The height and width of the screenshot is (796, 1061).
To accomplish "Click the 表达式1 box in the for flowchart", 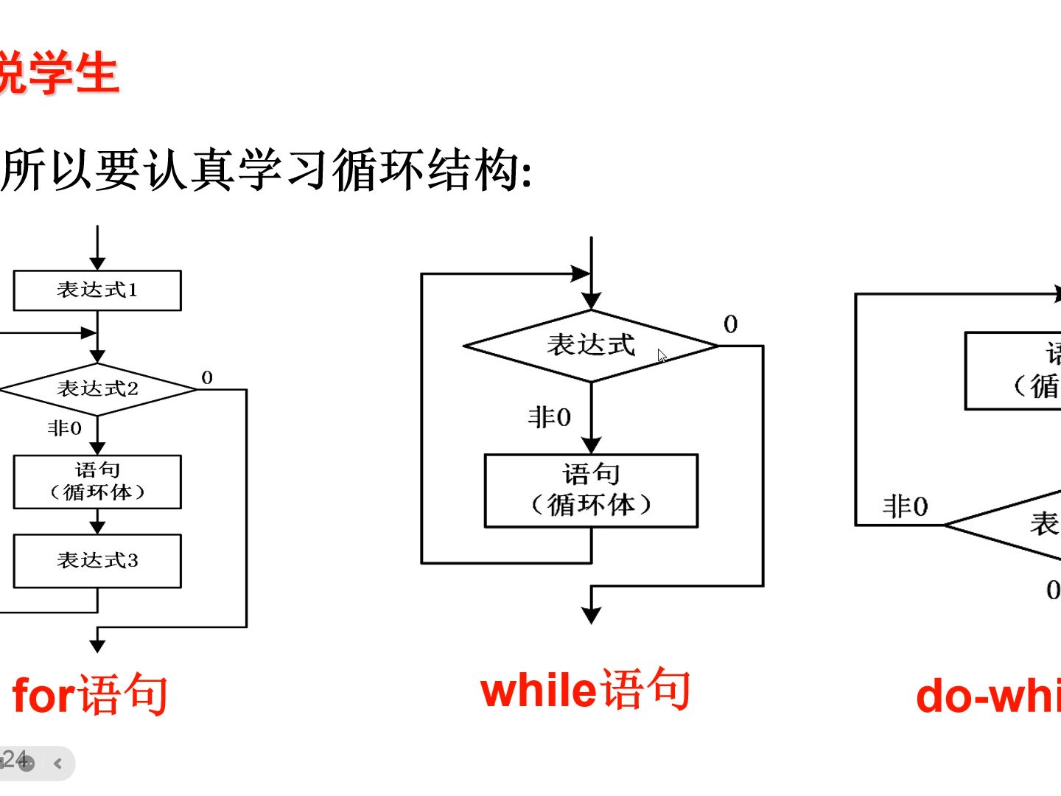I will click(97, 290).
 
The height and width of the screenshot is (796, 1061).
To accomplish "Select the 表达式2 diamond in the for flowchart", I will click(97, 388).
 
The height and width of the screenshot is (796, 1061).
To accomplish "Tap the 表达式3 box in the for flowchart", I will click(97, 561).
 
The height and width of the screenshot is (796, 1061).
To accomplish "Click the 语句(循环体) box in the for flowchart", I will click(97, 482).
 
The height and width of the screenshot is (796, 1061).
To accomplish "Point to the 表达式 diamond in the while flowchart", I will click(590, 345).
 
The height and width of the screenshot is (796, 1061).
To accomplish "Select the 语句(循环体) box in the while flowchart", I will click(591, 490).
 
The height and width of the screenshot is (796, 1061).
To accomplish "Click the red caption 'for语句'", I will click(90, 694).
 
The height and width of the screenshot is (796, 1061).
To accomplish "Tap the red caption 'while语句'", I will click(585, 690).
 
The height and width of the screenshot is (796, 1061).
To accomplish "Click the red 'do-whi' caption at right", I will click(987, 696).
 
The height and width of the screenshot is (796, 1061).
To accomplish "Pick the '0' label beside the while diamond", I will click(730, 324).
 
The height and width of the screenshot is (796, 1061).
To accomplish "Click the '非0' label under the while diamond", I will click(550, 418).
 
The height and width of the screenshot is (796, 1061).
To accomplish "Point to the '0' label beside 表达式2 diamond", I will click(207, 378).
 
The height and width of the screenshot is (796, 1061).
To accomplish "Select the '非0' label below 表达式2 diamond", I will click(65, 428).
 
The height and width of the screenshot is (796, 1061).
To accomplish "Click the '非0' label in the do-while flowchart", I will click(906, 507).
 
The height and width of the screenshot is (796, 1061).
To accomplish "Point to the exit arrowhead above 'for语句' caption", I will click(97, 646).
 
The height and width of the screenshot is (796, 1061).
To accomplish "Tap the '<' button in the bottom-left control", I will click(58, 764).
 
